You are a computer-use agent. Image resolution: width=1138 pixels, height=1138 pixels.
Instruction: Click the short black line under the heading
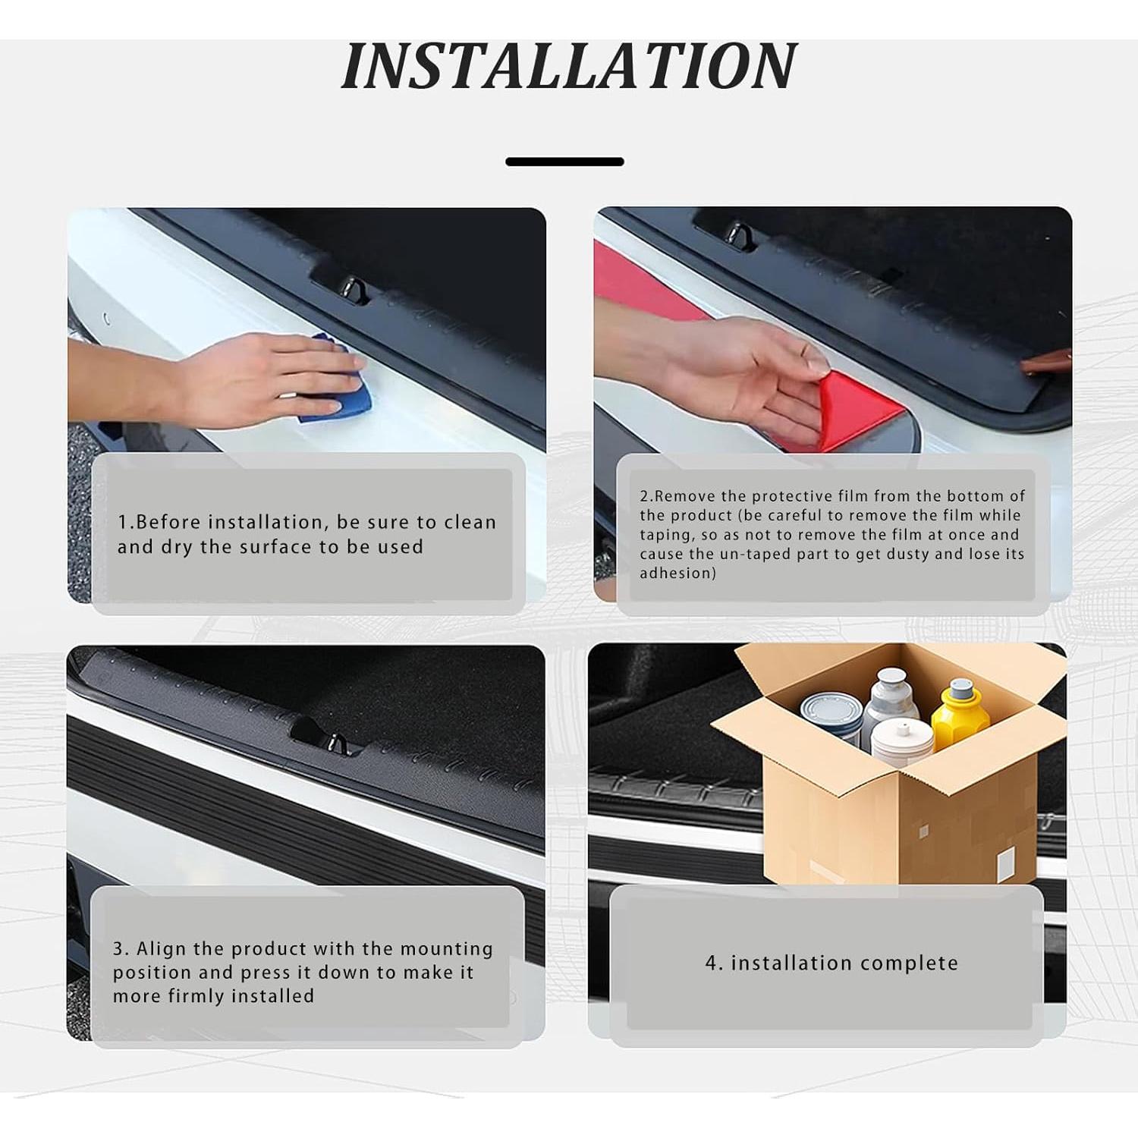[x=564, y=162]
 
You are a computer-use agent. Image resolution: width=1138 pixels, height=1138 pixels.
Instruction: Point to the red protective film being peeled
[x=861, y=410]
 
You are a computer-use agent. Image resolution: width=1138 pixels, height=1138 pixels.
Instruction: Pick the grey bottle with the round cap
[x=891, y=698]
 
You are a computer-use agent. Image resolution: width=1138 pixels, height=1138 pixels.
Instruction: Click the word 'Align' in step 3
[x=162, y=949]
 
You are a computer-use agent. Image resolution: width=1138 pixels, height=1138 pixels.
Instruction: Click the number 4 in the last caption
[x=712, y=964]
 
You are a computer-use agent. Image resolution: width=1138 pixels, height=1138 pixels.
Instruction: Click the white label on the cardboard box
[x=1006, y=865]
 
